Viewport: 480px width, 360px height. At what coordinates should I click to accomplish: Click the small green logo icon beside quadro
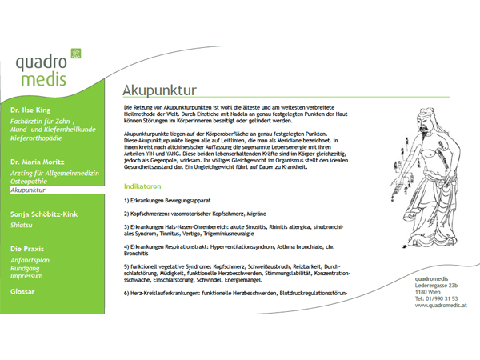[x=77, y=53]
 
